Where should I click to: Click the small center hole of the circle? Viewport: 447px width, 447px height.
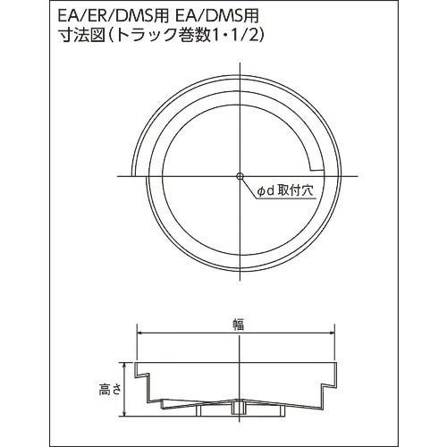point(240,173)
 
